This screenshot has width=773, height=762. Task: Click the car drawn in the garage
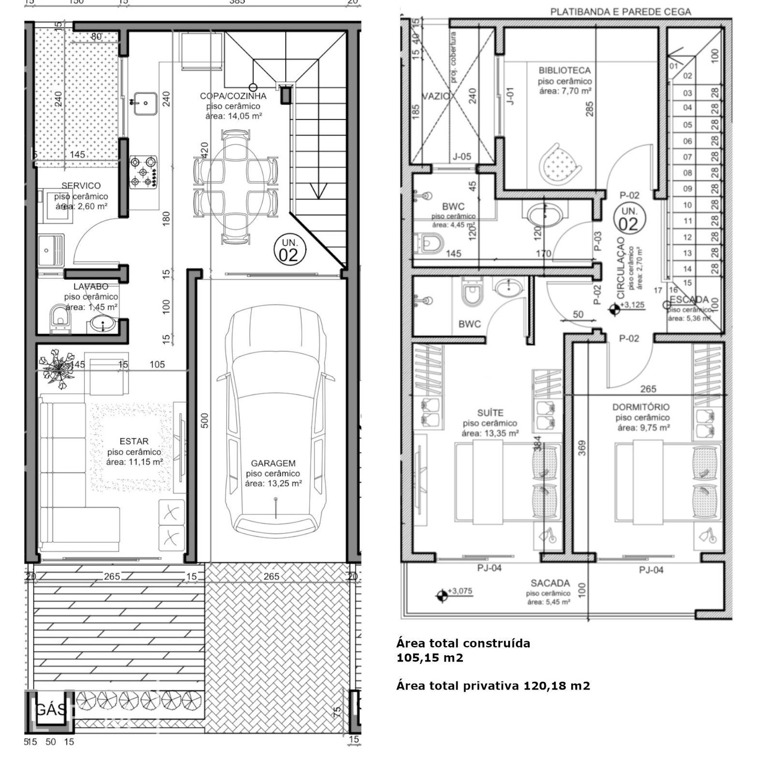pos(276,420)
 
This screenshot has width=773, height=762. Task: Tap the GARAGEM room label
pos(273,463)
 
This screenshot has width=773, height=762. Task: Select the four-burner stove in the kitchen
pos(144,171)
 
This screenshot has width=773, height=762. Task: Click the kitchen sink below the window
pos(145,103)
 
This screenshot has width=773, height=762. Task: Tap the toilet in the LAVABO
pos(60,319)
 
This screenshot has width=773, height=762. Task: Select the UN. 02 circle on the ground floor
pos(289,250)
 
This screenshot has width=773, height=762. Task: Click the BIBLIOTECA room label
pos(564,71)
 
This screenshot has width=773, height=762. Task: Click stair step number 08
pos(687,173)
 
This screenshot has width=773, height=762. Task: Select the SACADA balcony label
pos(550,583)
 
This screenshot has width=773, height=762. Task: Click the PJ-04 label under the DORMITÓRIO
pos(651,570)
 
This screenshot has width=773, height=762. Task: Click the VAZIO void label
pos(436,96)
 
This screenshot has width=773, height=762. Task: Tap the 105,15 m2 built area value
pos(429,658)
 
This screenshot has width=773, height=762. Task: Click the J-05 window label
pos(461,156)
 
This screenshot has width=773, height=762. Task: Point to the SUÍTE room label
pos(490,413)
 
